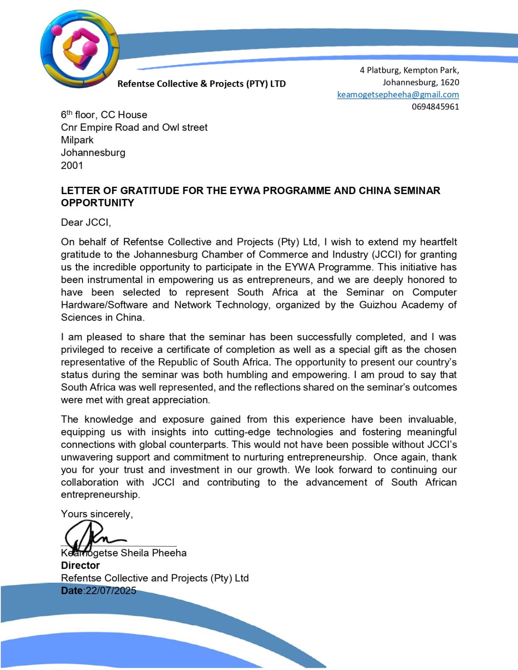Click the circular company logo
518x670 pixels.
(x=79, y=48)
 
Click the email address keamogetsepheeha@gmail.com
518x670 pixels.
(x=398, y=95)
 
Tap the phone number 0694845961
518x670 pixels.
(x=435, y=107)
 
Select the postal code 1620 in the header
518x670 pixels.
(x=449, y=82)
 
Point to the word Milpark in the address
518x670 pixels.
(x=77, y=140)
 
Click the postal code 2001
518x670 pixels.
(x=72, y=165)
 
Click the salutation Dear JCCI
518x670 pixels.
(x=86, y=222)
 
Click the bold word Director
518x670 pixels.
(x=80, y=565)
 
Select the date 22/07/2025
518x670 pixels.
(x=111, y=591)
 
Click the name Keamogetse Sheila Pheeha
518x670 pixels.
(x=124, y=553)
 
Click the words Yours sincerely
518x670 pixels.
(x=97, y=514)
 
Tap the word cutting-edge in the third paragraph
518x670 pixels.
(x=242, y=432)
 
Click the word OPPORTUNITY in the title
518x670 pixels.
(x=98, y=203)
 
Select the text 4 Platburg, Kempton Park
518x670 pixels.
(x=409, y=70)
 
